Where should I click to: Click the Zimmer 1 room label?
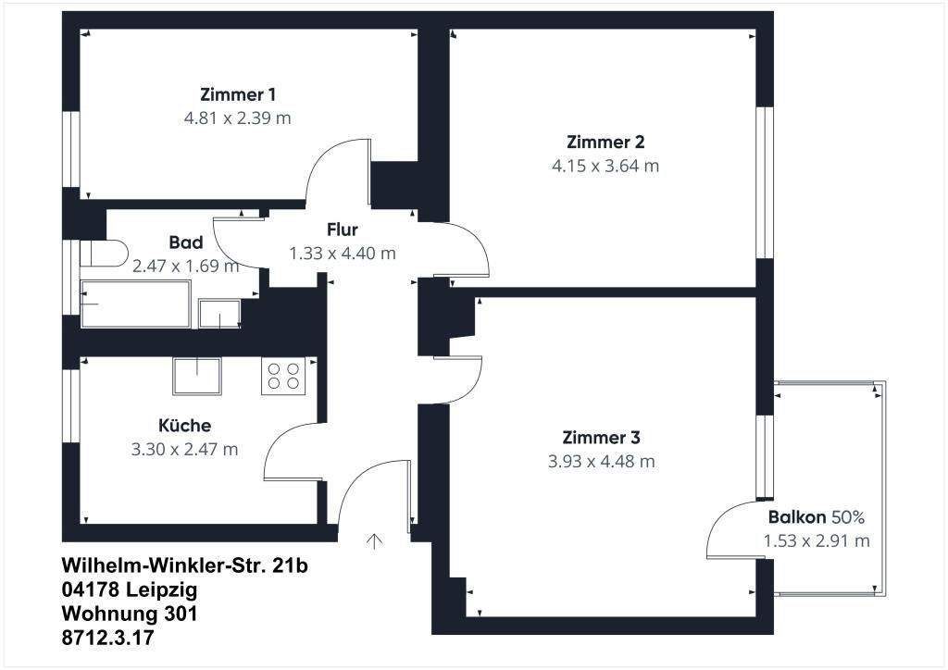(x=238, y=94)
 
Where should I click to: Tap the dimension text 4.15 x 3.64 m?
(x=605, y=166)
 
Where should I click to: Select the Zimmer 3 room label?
(x=601, y=438)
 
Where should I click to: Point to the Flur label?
(x=343, y=230)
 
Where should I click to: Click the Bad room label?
(x=185, y=242)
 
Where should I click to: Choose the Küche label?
(x=184, y=426)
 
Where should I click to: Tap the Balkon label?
(x=797, y=517)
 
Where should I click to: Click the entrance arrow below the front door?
(x=375, y=541)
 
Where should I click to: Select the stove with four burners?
(x=283, y=376)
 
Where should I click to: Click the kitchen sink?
(x=197, y=376)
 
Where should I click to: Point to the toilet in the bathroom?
(x=104, y=254)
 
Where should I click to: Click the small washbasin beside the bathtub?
(x=219, y=314)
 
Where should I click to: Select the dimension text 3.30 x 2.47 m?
(x=184, y=450)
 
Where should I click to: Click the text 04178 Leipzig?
(x=130, y=589)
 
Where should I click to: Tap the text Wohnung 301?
(x=130, y=614)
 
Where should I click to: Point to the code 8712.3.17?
(x=107, y=638)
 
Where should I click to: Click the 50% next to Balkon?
(x=848, y=517)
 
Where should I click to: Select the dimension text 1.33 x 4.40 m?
(x=343, y=254)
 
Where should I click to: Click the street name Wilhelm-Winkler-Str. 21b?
(x=184, y=565)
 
